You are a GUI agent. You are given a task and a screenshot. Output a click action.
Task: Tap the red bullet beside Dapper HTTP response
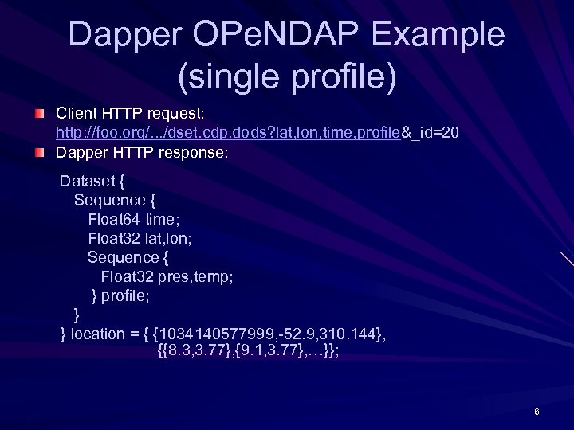pos(39,153)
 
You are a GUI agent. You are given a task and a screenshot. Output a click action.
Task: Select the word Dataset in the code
pos(88,181)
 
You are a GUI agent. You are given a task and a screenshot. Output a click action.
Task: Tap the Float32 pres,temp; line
pos(167,276)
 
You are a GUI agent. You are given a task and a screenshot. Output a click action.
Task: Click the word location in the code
pos(98,334)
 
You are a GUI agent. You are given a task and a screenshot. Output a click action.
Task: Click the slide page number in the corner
pos(537,412)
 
